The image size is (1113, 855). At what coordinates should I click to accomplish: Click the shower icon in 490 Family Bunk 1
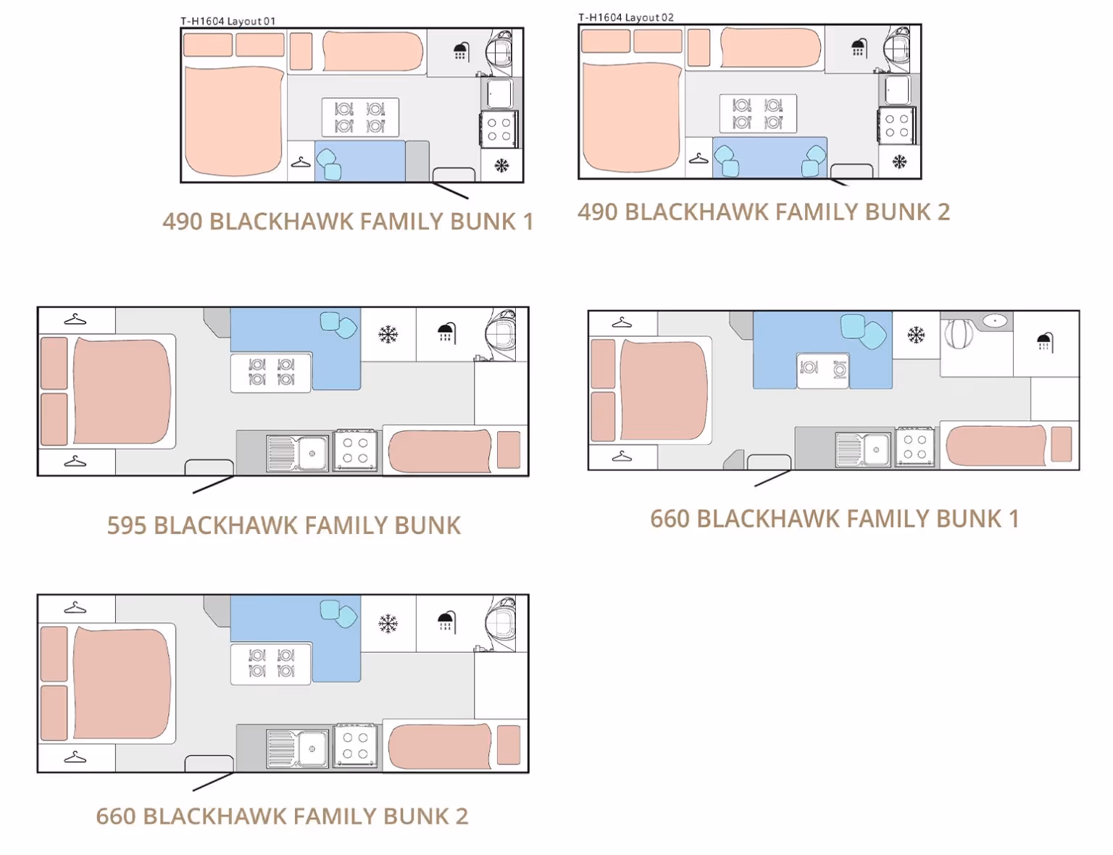(x=462, y=51)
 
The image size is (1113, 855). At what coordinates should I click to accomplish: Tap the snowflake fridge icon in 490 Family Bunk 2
(x=899, y=162)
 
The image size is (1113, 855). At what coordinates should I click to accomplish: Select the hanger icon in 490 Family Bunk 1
(x=301, y=163)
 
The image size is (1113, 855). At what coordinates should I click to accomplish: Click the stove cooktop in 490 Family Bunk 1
(x=499, y=129)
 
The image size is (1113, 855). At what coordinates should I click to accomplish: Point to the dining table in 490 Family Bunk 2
(x=758, y=113)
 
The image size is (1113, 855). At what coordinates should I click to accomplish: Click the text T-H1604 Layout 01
(x=228, y=21)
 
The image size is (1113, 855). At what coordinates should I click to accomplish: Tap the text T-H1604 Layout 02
(x=626, y=17)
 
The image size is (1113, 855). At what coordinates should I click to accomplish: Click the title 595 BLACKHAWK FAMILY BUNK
(x=284, y=525)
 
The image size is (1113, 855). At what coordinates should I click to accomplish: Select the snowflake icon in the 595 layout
(x=388, y=334)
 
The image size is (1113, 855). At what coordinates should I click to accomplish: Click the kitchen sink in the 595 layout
(x=298, y=453)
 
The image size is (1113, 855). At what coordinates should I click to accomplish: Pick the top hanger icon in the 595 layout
(x=75, y=320)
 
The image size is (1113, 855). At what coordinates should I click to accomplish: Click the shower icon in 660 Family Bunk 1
(x=1045, y=343)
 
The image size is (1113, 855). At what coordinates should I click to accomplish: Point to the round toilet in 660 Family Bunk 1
(x=959, y=333)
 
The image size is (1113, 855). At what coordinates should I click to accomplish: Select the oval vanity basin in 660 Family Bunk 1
(x=995, y=321)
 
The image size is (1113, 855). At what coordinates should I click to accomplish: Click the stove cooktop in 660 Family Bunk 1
(x=915, y=446)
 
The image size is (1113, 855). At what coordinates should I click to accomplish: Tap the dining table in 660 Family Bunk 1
(x=823, y=370)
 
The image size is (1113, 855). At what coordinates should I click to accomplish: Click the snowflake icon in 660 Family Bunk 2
(x=388, y=624)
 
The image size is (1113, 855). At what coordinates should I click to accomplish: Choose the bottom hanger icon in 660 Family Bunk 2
(x=75, y=757)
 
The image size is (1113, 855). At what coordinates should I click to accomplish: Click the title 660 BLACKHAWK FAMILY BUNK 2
(x=282, y=817)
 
